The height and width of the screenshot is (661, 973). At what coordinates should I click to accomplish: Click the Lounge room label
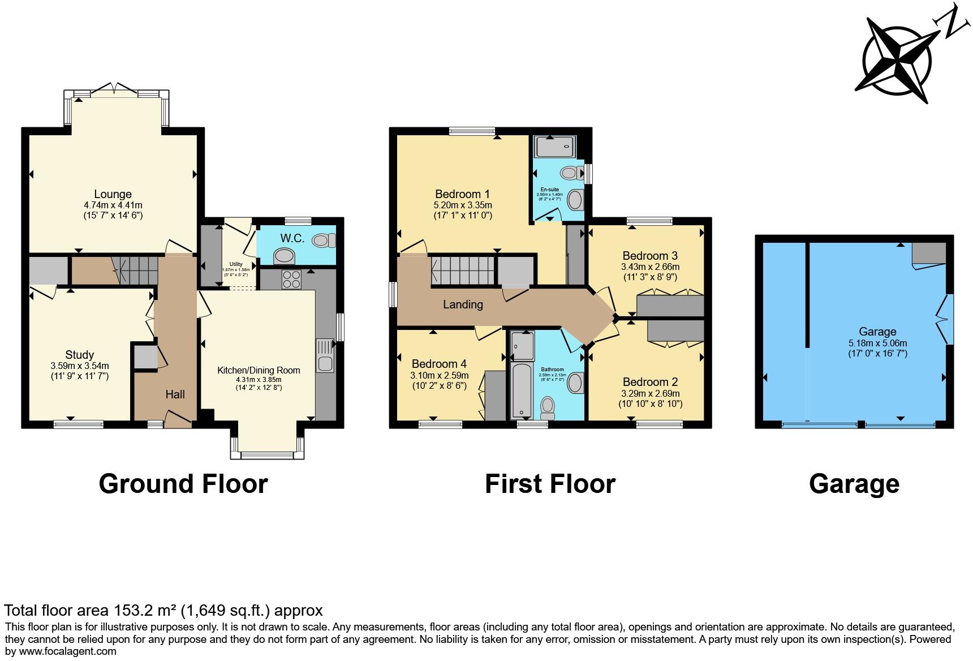tap(113, 195)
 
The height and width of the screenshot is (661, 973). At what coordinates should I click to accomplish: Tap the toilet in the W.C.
tap(324, 241)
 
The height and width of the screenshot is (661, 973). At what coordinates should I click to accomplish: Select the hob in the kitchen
tap(291, 280)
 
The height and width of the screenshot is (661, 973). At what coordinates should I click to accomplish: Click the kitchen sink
tap(325, 355)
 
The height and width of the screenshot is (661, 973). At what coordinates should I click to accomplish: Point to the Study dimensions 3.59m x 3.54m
tap(79, 366)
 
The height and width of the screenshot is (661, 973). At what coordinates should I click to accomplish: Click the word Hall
tap(175, 394)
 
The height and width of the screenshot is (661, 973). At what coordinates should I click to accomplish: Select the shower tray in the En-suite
tap(556, 147)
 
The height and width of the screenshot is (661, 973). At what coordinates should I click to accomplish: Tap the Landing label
tap(463, 304)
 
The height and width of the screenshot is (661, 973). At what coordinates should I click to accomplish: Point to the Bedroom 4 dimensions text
tap(440, 375)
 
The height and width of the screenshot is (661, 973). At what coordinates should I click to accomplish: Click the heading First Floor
tap(549, 484)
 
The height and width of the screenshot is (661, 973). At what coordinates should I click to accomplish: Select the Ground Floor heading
tap(183, 484)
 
